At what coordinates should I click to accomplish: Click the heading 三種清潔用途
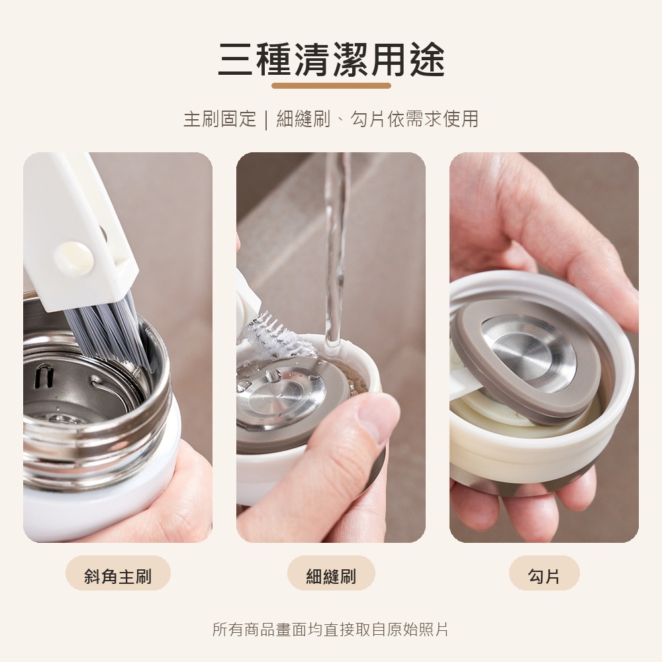pyautogui.click(x=331, y=60)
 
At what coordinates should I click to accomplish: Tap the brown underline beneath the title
pyautogui.click(x=331, y=86)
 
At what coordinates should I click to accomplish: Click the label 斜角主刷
pyautogui.click(x=118, y=576)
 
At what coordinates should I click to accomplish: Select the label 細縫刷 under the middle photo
pyautogui.click(x=331, y=576)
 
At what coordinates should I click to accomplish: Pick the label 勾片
pyautogui.click(x=544, y=576)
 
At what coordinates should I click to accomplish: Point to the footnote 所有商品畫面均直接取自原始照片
pyautogui.click(x=330, y=629)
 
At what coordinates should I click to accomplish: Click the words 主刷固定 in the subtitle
pyautogui.click(x=220, y=118)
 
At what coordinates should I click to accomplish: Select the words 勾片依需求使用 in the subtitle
pyautogui.click(x=414, y=118)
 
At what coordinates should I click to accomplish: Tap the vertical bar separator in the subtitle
pyautogui.click(x=266, y=119)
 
